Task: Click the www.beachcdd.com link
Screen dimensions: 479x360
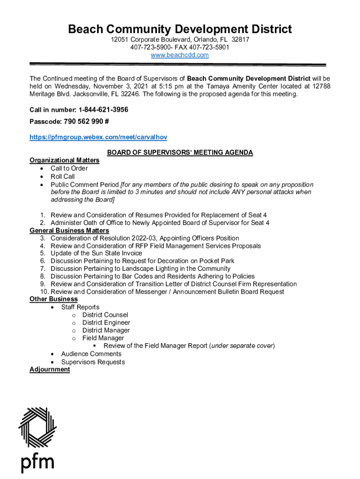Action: tap(180, 55)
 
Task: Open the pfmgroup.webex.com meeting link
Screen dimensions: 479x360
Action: tap(98, 137)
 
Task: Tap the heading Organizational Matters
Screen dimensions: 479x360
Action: tap(65, 160)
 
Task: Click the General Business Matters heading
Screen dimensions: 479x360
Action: tap(69, 231)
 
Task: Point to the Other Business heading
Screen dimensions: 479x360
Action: tap(54, 299)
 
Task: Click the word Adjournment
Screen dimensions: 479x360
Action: tap(50, 370)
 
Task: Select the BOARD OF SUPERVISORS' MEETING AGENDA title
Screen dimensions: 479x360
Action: tap(180, 152)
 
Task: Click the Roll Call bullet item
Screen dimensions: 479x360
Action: tap(63, 177)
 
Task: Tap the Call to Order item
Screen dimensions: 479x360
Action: tap(69, 168)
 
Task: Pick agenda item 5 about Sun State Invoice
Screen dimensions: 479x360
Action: tap(96, 254)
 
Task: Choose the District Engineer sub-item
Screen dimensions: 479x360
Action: tap(106, 323)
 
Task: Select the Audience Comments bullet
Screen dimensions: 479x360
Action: tap(91, 354)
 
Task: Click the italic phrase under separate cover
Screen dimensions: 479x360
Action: tap(242, 346)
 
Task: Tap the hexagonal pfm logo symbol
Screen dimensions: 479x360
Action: tap(37, 428)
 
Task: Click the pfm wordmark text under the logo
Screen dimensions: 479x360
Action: tap(37, 463)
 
